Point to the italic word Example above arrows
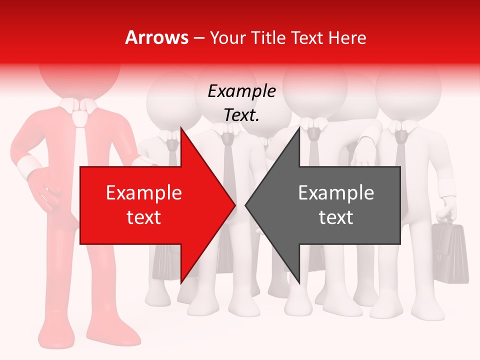(x=242, y=91)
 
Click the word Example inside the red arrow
(x=144, y=193)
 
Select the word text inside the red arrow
(x=144, y=217)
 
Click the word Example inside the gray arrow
(x=336, y=193)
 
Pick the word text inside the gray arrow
(x=336, y=217)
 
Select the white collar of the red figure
(x=77, y=105)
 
